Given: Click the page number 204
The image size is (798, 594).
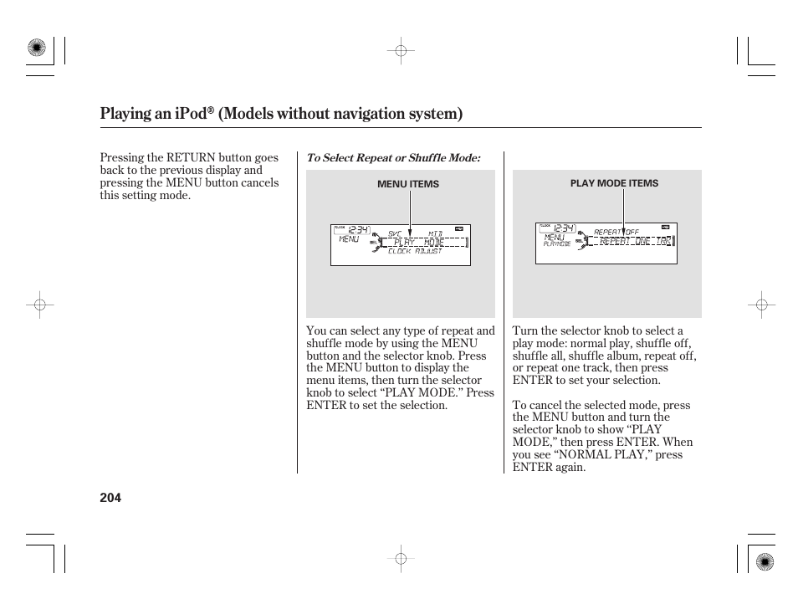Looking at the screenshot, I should (x=110, y=498).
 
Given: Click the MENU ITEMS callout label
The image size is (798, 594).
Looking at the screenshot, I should (x=408, y=184).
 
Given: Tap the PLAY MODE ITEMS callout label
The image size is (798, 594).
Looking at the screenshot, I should (x=614, y=183).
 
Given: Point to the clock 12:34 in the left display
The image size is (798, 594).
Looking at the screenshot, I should (x=359, y=230).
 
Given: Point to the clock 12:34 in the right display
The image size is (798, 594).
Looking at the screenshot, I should (x=564, y=228).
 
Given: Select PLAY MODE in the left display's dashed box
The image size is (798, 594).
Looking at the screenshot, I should (x=419, y=243).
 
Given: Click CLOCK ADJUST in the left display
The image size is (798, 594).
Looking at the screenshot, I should (x=415, y=252).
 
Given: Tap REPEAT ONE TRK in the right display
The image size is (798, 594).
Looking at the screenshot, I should (x=635, y=241).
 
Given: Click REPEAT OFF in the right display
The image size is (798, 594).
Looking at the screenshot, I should (x=616, y=232).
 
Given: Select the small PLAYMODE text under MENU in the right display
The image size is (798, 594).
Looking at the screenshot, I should (x=556, y=244).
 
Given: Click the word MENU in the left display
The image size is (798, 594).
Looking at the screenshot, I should (x=349, y=239).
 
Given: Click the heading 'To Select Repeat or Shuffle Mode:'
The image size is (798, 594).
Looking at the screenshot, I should (x=393, y=158).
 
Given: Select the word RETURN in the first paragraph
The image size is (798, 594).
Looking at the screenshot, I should (x=192, y=157).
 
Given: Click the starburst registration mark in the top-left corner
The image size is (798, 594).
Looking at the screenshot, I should (x=36, y=49).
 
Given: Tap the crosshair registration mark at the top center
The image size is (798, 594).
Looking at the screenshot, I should (x=401, y=51).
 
